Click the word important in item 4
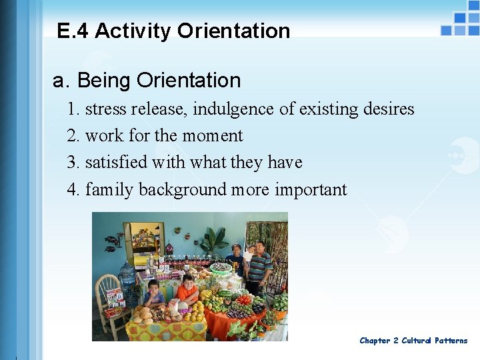tap(311, 190)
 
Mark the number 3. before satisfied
tap(73, 163)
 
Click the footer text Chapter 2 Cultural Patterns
tap(413, 341)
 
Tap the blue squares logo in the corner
tap(460, 23)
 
